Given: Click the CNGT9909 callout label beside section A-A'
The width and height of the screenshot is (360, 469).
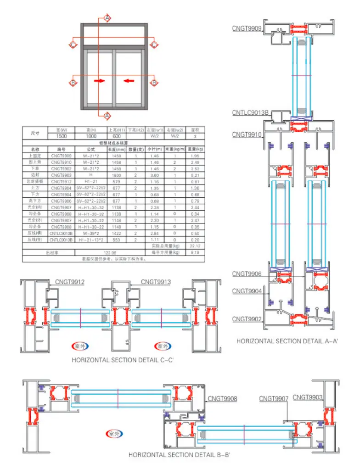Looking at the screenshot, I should pos(247,29).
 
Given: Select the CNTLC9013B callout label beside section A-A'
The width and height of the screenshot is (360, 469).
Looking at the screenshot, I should pos(250,112).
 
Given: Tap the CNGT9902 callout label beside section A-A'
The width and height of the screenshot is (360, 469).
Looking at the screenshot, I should pos(247,319).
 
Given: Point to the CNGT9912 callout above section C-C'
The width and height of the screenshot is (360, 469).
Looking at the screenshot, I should pos(70,282).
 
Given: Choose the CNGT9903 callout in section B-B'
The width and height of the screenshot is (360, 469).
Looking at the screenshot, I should pos(308,397).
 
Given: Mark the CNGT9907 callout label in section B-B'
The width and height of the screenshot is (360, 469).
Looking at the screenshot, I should pos(274,399).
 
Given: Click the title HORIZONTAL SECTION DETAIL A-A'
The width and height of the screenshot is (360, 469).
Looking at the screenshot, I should pos(287,341).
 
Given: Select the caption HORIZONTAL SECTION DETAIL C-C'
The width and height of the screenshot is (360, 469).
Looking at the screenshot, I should pos(122,360).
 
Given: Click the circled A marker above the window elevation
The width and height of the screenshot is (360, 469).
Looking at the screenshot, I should pos(107,18).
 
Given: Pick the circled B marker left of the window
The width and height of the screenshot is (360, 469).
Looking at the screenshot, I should pos(73,83).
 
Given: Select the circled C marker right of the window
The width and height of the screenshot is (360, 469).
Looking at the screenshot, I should pos(154,45).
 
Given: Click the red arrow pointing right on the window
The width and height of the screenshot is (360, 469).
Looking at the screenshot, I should pos(99,81).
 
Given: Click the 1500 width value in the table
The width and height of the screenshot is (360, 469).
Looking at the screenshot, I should pos(62,136).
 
